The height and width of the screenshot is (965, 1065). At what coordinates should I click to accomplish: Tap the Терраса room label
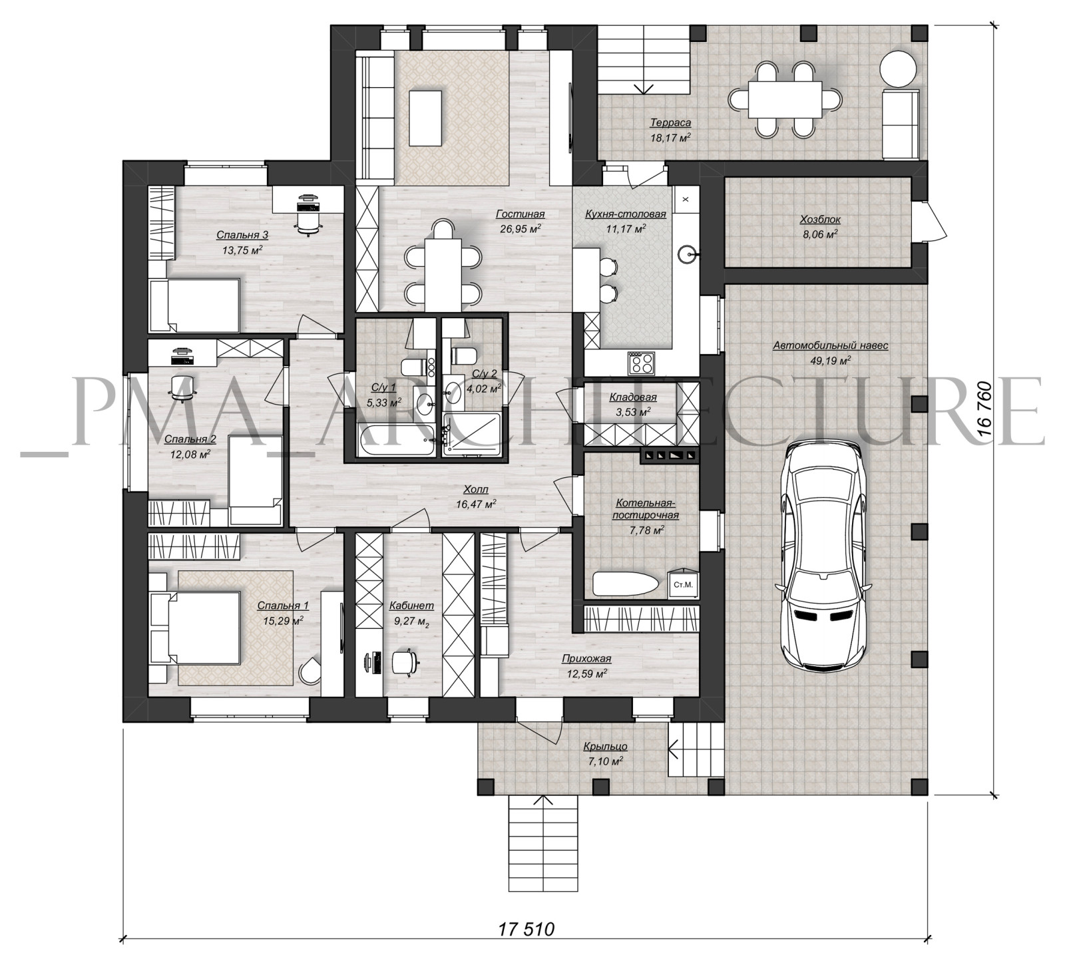pos(670,122)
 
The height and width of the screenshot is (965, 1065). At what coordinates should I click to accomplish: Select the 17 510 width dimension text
pos(526,947)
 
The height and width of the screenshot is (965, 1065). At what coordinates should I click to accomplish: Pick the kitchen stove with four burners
pos(642,362)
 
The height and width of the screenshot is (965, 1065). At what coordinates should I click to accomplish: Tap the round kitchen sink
pos(688,252)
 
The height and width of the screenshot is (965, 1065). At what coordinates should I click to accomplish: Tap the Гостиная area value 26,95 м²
pos(520,228)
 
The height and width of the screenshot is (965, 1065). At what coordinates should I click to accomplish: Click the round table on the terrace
pos(899,69)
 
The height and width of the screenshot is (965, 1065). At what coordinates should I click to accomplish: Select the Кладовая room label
pos(633,397)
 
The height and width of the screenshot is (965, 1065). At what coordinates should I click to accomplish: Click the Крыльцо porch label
pos(605,746)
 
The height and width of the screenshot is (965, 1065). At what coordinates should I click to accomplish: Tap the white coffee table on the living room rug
pos(425,118)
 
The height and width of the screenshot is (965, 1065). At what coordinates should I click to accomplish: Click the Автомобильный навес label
pos(831,345)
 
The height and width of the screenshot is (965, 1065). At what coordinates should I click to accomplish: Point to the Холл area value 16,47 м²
pos(475,504)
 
